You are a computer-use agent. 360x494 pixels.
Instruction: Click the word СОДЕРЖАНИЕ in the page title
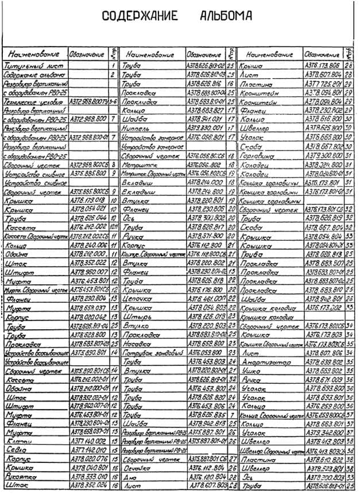140,16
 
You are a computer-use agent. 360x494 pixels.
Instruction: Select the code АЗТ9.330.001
205,128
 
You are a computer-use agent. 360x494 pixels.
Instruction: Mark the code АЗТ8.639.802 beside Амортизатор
323,362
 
